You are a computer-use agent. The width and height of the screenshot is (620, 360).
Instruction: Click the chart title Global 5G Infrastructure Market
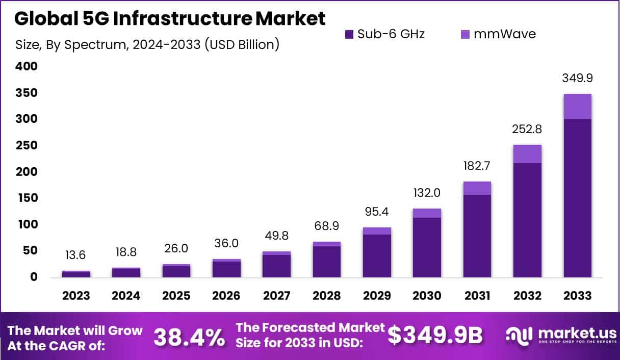tap(169, 19)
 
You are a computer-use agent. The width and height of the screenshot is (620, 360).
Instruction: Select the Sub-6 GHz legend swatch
tap(349, 35)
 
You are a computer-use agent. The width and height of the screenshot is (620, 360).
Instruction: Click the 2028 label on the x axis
tap(327, 296)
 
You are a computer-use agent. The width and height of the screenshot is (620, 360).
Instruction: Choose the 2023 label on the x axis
tap(76, 296)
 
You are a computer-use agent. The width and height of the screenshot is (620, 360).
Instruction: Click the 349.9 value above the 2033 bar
tap(577, 79)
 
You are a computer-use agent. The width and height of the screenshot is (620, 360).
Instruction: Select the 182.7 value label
tap(477, 166)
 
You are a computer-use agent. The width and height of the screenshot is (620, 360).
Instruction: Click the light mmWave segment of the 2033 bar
tap(577, 106)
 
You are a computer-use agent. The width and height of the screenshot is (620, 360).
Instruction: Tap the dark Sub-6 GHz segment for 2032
tap(527, 219)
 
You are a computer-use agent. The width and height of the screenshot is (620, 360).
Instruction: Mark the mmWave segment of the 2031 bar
tap(477, 188)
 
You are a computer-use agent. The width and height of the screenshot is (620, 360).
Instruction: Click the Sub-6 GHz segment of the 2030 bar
tap(427, 247)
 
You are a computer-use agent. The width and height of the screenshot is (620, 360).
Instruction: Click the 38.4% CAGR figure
tap(189, 337)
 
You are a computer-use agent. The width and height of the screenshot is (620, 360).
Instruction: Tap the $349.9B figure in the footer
tap(435, 335)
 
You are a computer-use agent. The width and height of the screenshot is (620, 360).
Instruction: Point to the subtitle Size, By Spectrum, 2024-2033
tap(148, 44)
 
